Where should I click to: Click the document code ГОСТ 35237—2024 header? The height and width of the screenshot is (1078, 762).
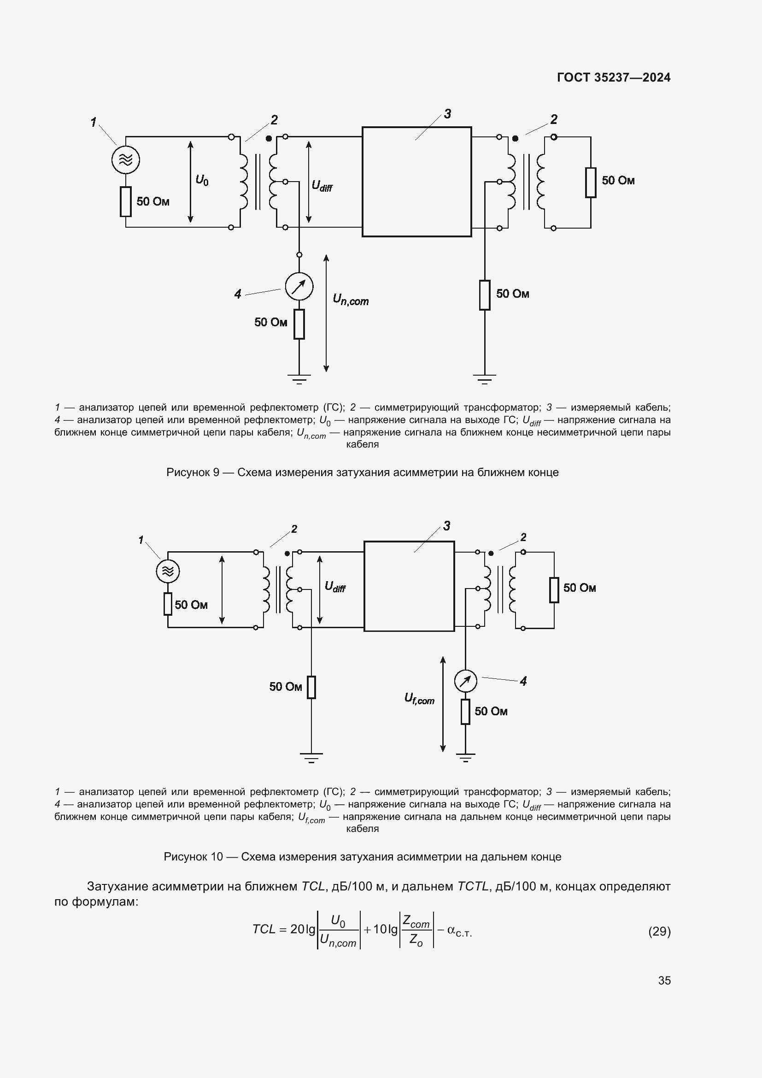point(613,77)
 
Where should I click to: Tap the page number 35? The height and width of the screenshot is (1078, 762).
point(664,980)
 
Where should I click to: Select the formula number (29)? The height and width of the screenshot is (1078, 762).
point(659,931)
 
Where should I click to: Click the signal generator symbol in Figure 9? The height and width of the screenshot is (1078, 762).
point(126,159)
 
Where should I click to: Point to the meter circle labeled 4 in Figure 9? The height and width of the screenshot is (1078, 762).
point(299,286)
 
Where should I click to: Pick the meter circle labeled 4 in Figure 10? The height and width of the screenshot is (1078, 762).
point(465,681)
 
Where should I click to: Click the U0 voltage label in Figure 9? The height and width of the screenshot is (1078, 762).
point(202,180)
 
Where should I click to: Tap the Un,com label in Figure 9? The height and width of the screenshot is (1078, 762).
point(351,300)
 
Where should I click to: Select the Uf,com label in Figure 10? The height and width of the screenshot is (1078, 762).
point(419,699)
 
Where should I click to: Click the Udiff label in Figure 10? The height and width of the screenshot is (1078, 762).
point(335,587)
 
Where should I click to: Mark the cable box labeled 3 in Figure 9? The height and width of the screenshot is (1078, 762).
point(416,182)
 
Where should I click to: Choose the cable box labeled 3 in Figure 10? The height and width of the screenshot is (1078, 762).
point(409,586)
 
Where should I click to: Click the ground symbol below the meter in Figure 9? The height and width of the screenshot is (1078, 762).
point(299,379)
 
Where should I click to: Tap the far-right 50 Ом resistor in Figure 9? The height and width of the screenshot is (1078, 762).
point(591,182)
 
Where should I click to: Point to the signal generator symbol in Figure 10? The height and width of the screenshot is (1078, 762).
point(168,571)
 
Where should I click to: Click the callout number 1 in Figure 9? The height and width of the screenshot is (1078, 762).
point(94,123)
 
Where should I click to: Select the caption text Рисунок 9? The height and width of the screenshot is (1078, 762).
point(362,472)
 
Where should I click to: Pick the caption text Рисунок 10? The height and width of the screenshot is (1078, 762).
point(362,857)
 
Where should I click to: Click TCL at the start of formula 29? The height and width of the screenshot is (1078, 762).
point(263,929)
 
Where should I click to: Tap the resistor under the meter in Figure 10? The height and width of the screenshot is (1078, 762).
point(465,711)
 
